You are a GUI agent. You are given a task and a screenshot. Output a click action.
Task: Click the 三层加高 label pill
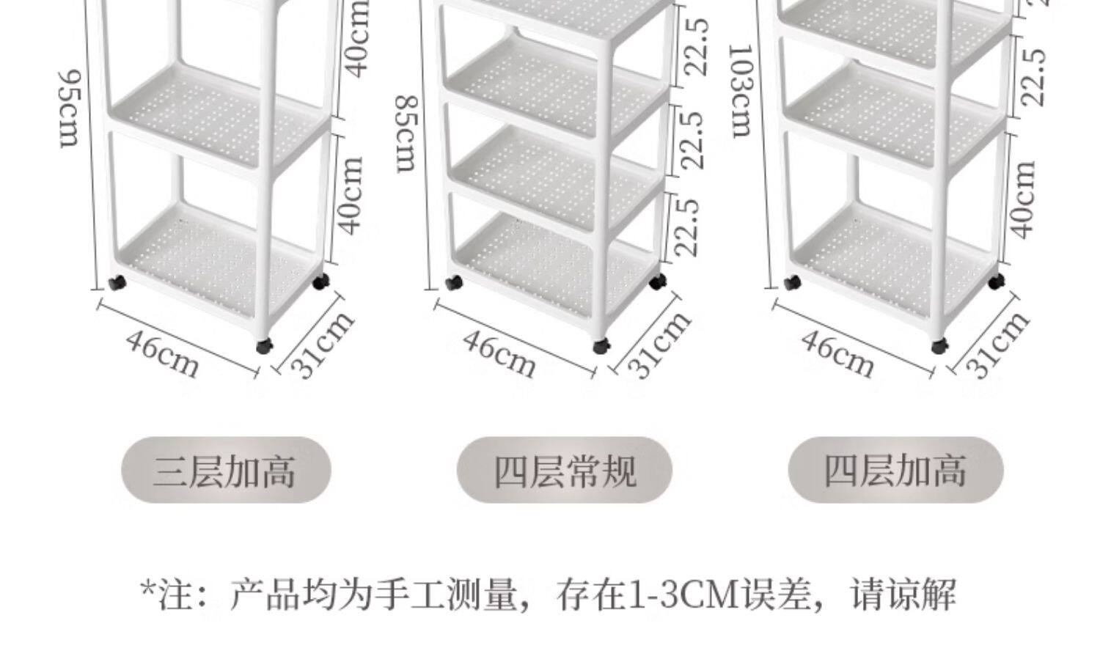(x=226, y=470)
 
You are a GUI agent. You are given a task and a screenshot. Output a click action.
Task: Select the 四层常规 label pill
(x=564, y=470)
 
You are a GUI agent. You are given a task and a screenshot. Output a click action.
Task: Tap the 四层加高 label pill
(x=895, y=470)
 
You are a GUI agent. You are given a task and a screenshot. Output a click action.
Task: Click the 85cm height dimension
(x=407, y=133)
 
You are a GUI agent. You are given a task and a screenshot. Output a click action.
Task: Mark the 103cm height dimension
(x=742, y=90)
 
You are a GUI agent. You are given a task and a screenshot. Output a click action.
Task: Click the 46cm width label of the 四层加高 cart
(x=837, y=353)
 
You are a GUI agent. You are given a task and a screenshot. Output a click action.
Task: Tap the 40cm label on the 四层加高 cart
(x=1024, y=199)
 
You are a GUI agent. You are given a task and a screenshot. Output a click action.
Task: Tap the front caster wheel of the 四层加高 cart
(x=939, y=346)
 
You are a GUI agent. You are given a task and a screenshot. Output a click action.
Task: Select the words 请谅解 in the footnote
(x=903, y=595)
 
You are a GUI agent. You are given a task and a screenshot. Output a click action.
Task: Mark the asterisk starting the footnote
(x=147, y=591)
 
